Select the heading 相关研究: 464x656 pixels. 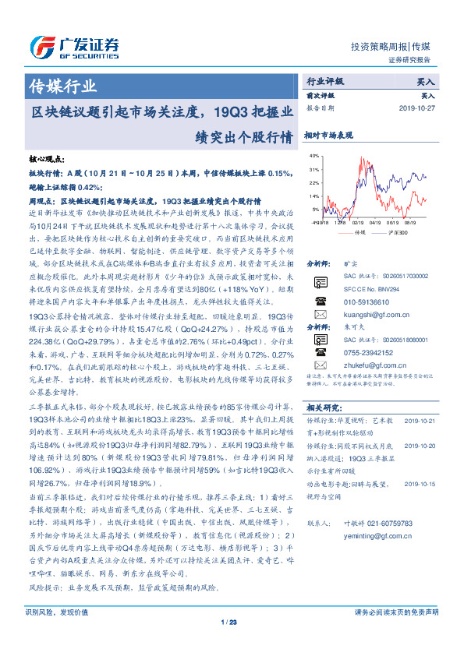tap(324, 407)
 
